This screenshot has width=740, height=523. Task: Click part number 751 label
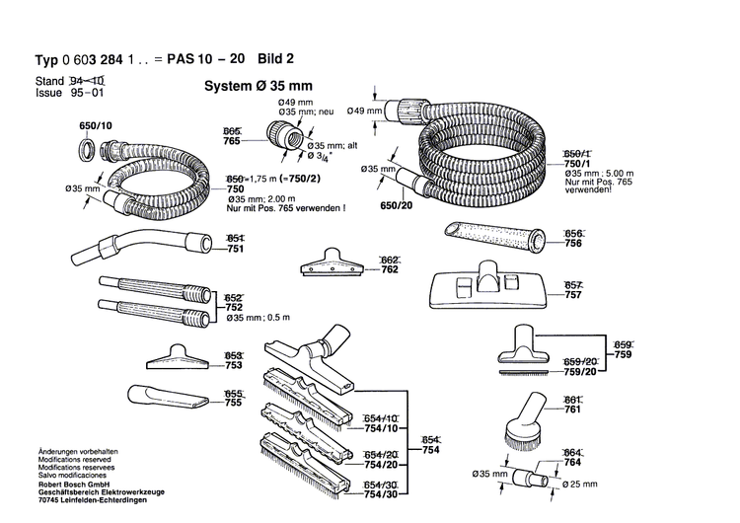[235, 251]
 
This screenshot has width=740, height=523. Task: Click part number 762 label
[361, 269]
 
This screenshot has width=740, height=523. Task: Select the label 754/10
[381, 428]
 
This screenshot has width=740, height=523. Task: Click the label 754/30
[381, 493]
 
